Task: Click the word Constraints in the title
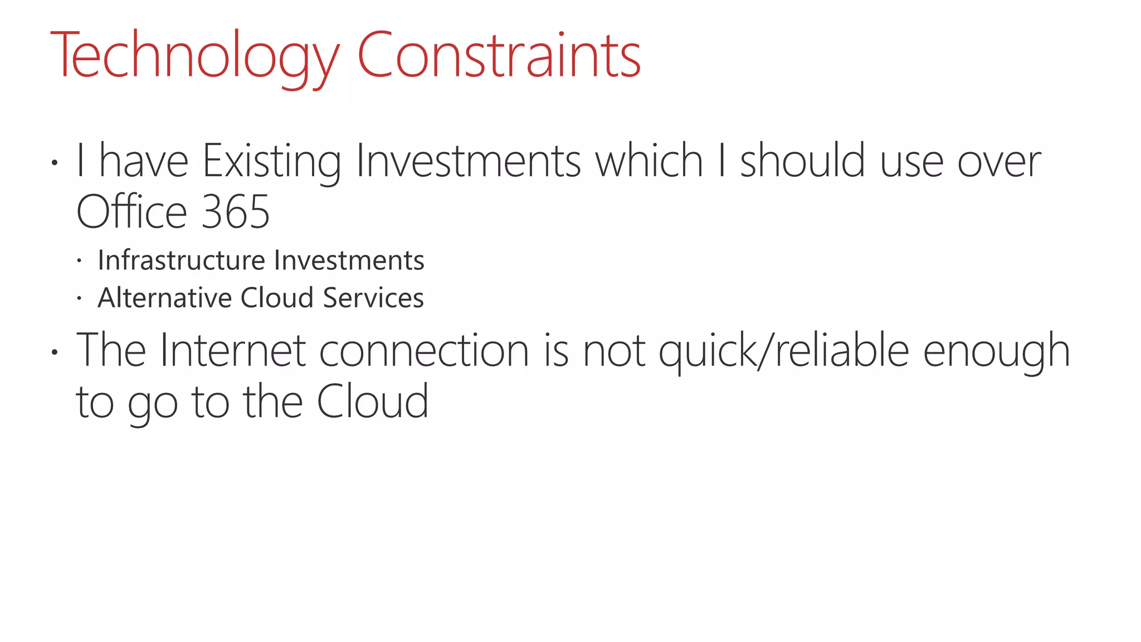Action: (x=499, y=56)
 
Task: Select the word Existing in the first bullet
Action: (x=271, y=162)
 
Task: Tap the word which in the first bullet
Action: (x=649, y=162)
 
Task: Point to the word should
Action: (x=802, y=162)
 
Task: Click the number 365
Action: (x=235, y=212)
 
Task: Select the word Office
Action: (x=131, y=212)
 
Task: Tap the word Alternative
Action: (x=164, y=298)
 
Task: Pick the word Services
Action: (x=373, y=298)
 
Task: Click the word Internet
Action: (x=233, y=351)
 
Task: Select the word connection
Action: (x=424, y=351)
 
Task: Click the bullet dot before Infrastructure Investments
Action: (x=80, y=261)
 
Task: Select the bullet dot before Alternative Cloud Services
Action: (x=80, y=299)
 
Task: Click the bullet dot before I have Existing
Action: (x=54, y=163)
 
